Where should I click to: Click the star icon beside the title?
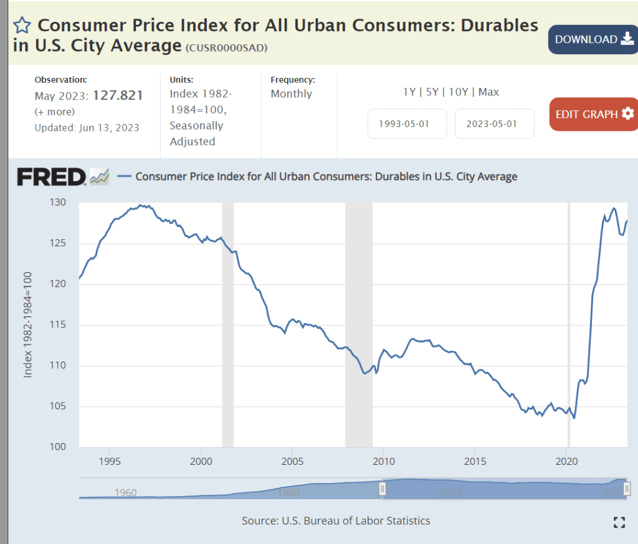22,26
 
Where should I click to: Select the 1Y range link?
409,92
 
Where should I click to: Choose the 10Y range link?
459,92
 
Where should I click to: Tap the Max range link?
488,92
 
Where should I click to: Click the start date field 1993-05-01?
407,123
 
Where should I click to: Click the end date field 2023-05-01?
495,123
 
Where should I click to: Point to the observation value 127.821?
118,95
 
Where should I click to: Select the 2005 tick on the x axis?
292,462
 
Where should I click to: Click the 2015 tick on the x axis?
475,462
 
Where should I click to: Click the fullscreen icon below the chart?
619,522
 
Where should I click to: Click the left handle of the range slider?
383,489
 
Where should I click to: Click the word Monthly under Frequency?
292,93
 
